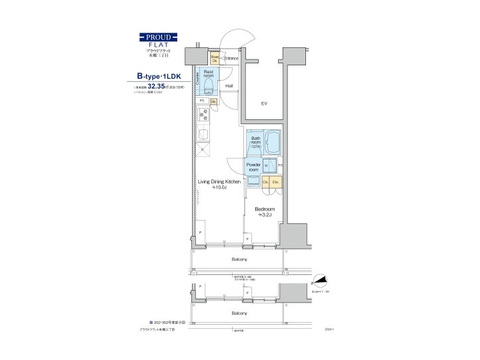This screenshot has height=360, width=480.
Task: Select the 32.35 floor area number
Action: click(x=157, y=87)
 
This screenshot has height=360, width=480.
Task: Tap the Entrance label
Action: click(x=231, y=58)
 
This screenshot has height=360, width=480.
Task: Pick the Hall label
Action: click(x=229, y=86)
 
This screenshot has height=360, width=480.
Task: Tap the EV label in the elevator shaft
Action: click(x=264, y=103)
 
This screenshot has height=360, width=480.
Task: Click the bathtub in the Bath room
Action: click(x=273, y=141)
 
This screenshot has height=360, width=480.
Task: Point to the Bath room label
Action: click(x=255, y=141)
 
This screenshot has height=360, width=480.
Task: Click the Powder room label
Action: click(x=253, y=167)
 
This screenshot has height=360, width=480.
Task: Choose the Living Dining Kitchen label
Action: click(x=219, y=182)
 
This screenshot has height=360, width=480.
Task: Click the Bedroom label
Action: click(x=265, y=209)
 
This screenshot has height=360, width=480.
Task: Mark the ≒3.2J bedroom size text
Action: click(x=265, y=216)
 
